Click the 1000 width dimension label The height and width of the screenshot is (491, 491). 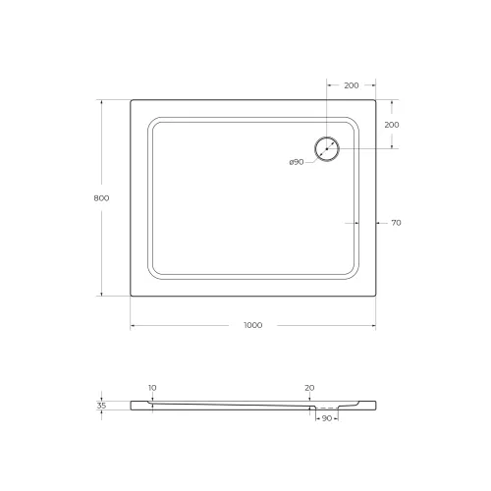(253, 325)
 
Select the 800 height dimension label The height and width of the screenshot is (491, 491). (100, 197)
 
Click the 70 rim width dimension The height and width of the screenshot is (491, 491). (396, 223)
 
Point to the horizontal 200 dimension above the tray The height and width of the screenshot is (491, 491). (351, 85)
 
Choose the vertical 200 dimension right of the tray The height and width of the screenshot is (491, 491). (391, 125)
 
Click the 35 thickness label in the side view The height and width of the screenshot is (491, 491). (102, 404)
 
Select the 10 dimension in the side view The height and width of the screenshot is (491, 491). (151, 388)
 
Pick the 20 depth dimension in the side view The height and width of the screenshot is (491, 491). (309, 388)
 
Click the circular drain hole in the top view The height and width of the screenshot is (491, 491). (327, 149)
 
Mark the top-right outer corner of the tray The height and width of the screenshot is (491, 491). (376, 99)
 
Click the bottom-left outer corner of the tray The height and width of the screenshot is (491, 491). (131, 296)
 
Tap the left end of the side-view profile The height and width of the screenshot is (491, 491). (132, 404)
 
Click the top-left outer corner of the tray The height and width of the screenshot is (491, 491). (131, 99)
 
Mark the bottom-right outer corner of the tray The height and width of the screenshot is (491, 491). (376, 296)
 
